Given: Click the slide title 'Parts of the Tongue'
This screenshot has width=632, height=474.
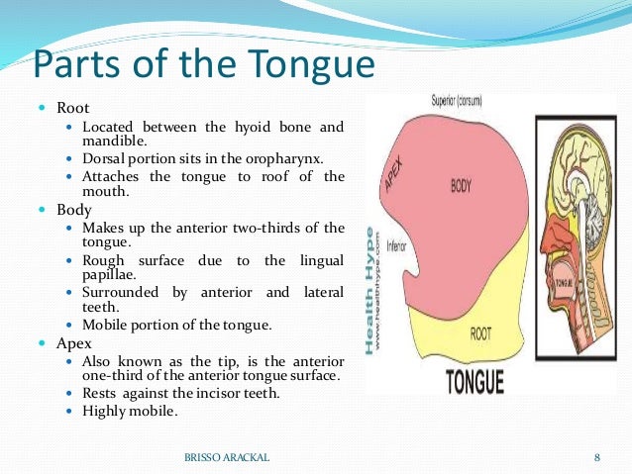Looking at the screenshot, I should point(204,64).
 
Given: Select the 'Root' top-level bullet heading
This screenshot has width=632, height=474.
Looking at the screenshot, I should point(72,107).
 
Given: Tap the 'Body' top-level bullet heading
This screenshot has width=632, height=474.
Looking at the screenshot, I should point(73,211).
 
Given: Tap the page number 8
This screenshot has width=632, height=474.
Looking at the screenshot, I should point(597,456).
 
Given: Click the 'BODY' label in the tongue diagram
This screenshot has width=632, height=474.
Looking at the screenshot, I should point(461,185).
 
